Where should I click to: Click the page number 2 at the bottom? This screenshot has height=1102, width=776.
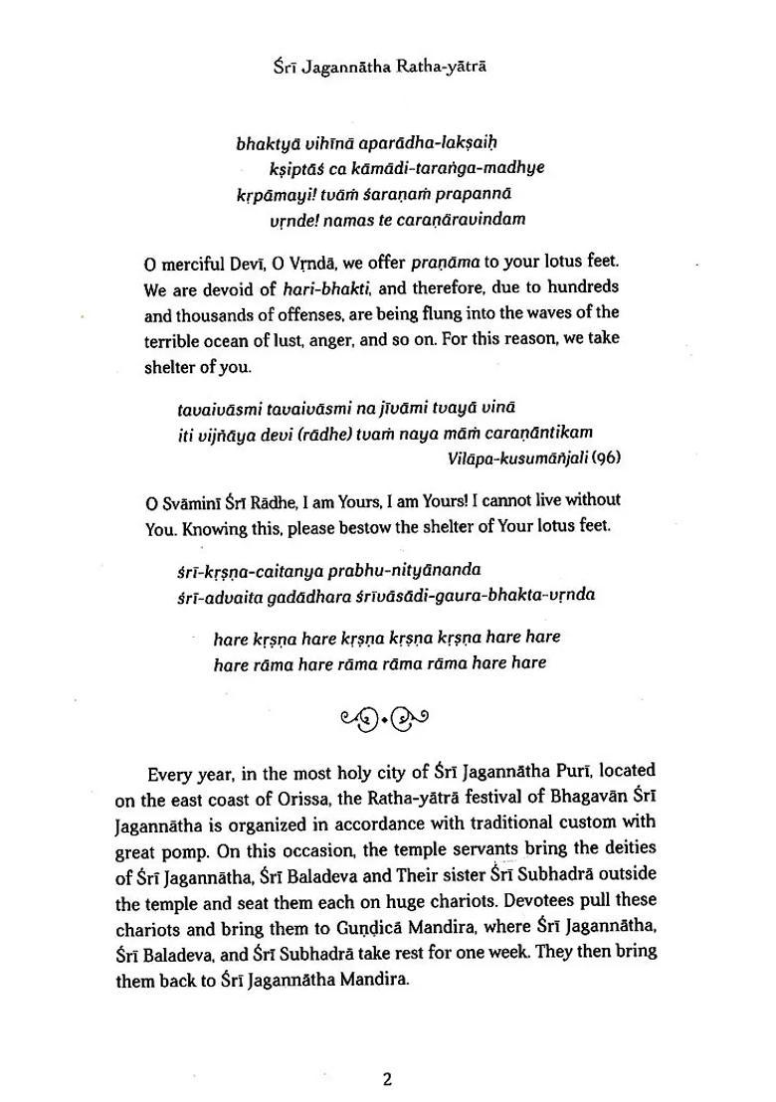(388, 1078)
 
